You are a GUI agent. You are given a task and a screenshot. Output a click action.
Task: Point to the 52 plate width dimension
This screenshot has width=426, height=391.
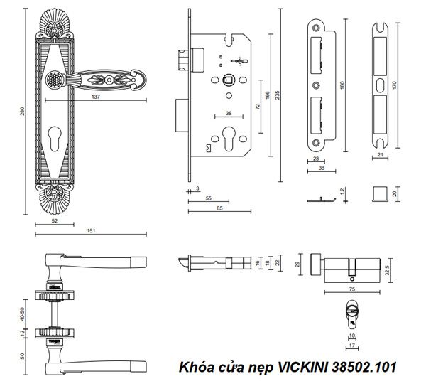point(53,221)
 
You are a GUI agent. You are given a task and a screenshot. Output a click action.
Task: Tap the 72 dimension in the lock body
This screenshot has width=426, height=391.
point(258,107)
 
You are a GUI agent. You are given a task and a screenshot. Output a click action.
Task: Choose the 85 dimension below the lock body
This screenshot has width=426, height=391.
point(219,209)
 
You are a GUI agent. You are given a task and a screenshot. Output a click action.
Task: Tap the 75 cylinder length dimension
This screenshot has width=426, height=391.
point(353,290)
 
